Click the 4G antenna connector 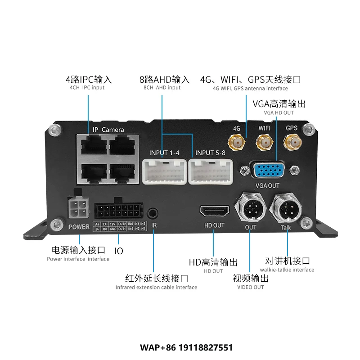[x=236, y=144]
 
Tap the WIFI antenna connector [x=264, y=144]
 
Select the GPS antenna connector [x=291, y=144]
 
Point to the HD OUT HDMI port [x=215, y=211]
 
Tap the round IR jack [x=154, y=212]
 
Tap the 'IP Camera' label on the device [x=108, y=130]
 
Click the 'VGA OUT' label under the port [x=268, y=185]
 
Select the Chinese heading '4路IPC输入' [x=88, y=80]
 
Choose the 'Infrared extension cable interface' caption [x=156, y=287]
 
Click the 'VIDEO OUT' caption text [x=250, y=287]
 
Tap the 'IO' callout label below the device [x=119, y=251]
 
